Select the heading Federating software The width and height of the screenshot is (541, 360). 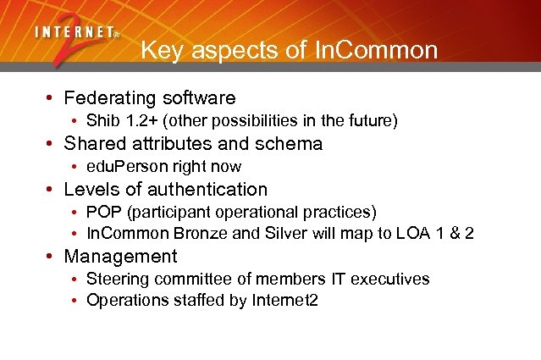(150, 98)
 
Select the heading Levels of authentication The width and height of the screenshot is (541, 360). (165, 189)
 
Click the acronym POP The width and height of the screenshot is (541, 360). (102, 212)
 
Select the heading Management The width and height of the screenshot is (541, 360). (120, 257)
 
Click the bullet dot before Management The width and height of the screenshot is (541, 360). (52, 257)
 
